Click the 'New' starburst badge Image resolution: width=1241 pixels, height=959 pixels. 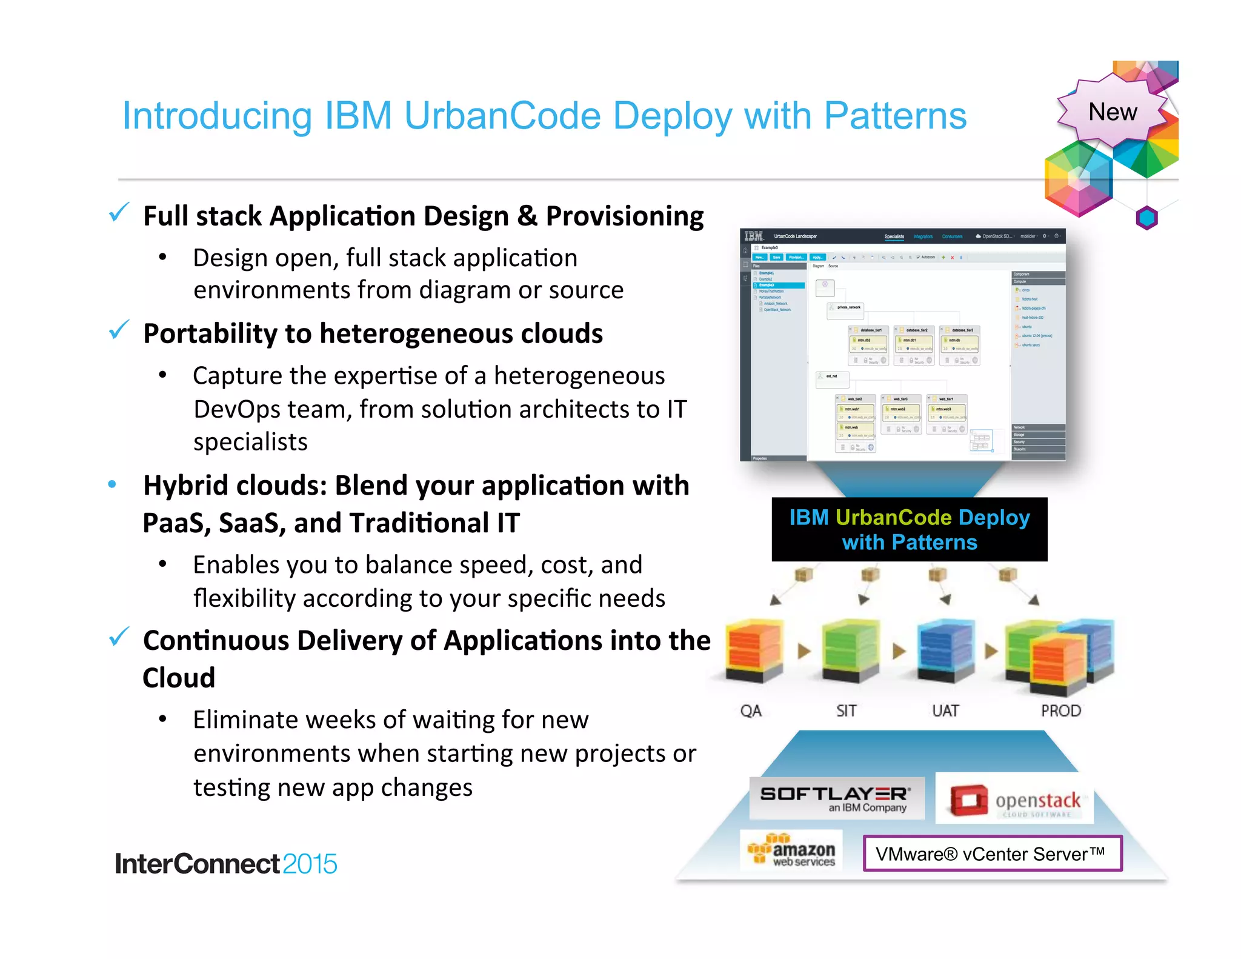pos(1113,112)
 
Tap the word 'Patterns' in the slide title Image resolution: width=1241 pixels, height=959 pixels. pos(895,116)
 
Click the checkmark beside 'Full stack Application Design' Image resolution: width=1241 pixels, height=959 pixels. pos(119,213)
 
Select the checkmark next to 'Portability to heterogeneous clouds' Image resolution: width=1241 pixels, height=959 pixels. pos(119,330)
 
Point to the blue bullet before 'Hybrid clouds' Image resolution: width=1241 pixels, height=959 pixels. pos(112,484)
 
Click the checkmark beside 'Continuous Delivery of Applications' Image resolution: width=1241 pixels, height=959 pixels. pos(119,637)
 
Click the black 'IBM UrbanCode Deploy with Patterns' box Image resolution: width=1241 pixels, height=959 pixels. pos(909,529)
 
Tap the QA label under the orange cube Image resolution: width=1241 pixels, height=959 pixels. pos(751,710)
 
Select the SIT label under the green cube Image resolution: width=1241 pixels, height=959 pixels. pos(846,710)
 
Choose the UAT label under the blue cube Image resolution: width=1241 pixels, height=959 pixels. pos(945,710)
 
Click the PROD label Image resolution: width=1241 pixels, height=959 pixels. pos(1060,710)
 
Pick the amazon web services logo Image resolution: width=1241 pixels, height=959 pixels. pos(791,850)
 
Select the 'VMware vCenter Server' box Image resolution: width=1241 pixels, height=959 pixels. pos(992,854)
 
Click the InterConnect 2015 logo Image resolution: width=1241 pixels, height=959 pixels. pos(225,864)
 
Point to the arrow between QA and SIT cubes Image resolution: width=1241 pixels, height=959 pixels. pos(804,652)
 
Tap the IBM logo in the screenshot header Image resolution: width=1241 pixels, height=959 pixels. pos(754,236)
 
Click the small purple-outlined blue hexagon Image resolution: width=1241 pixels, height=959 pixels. pos(1146,218)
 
